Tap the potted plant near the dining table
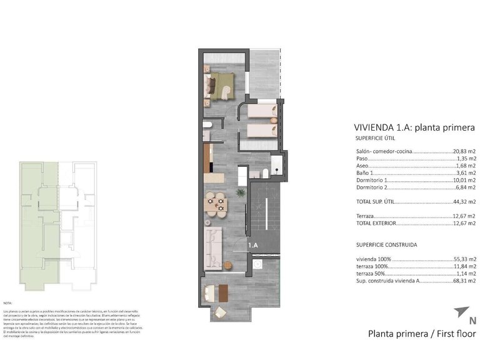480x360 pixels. tap(239, 193)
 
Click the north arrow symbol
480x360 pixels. tap(461, 311)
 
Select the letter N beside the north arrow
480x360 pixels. tap(472, 322)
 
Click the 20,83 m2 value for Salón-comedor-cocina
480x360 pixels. tap(464, 151)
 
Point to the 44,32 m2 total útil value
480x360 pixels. tap(464, 201)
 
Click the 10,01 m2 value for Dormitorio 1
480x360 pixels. tap(464, 179)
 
